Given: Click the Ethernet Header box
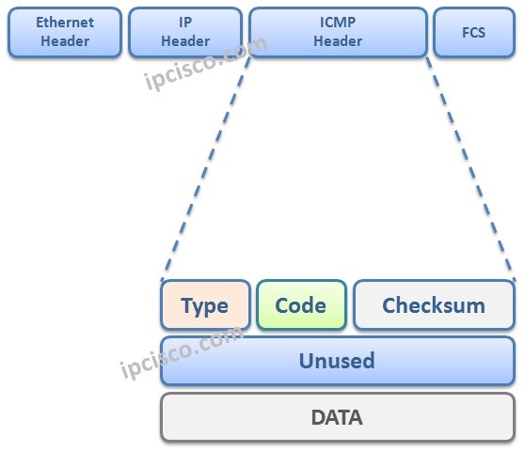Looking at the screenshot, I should click(65, 32).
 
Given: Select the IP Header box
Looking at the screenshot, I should click(185, 32).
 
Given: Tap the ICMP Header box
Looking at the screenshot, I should click(338, 32).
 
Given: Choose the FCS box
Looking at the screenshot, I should click(473, 32).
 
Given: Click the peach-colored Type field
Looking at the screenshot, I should click(205, 305).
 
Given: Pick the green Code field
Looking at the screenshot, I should click(301, 305).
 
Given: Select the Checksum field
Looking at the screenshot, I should click(434, 305).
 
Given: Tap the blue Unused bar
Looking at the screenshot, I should click(338, 361).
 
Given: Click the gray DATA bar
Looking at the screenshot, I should click(338, 416).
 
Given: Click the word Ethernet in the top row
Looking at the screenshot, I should click(65, 23).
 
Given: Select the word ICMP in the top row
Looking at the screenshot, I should click(338, 23).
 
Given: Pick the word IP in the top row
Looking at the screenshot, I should click(185, 23).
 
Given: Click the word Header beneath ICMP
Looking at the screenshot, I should click(338, 41).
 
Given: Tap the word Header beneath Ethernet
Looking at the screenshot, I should click(65, 41).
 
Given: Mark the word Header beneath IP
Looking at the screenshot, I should click(185, 41).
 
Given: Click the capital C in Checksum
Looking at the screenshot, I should click(389, 305).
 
